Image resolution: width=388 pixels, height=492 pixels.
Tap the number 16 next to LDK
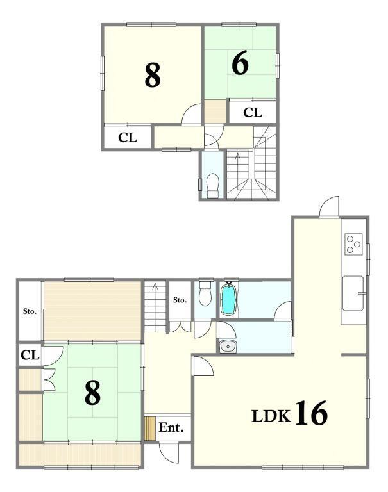click(311, 413)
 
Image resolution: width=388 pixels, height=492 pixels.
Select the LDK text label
click(271, 416)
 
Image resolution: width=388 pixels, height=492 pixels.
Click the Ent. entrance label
click(171, 427)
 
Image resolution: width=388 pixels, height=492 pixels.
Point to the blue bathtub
click(228, 298)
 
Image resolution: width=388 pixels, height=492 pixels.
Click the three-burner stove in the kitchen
click(353, 244)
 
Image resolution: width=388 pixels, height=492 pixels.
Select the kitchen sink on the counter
click(353, 293)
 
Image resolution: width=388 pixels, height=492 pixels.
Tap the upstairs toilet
click(213, 185)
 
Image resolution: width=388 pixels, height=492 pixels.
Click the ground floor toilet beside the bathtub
click(205, 293)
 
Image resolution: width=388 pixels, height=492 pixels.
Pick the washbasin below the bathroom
click(228, 347)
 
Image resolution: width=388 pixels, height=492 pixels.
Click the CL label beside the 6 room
click(253, 112)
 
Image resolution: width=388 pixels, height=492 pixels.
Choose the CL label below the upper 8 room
click(128, 138)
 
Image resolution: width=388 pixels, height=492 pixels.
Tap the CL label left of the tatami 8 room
click(30, 355)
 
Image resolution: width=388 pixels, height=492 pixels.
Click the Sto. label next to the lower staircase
click(180, 300)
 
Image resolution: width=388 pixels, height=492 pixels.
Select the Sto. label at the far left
click(30, 311)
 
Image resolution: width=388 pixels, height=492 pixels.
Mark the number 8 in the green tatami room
click(93, 392)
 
